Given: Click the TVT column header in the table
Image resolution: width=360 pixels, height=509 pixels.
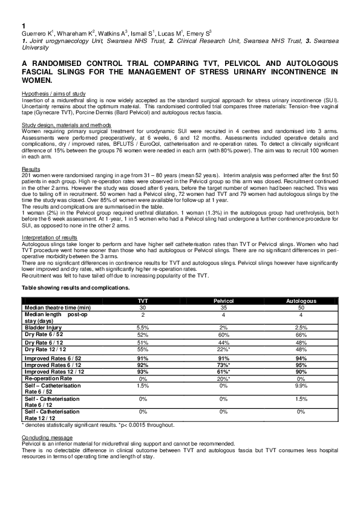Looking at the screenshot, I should pos(143,300).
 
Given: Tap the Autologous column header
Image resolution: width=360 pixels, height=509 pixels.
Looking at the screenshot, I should pos(301,300).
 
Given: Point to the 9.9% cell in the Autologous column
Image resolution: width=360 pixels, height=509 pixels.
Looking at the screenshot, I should pos(301,385).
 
